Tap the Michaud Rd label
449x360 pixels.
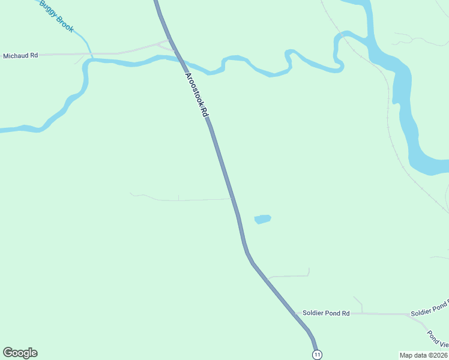20,55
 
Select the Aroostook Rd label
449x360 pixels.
197,95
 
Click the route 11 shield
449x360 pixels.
317,355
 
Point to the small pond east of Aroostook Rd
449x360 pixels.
262,219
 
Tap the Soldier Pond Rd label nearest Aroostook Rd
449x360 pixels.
326,313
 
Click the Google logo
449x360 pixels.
20,353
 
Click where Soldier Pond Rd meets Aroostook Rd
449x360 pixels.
295,313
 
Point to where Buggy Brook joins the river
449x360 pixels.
92,58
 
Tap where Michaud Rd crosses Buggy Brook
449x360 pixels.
90,54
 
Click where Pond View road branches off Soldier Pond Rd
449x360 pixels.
409,314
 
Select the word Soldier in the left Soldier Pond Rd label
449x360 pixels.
313,313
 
